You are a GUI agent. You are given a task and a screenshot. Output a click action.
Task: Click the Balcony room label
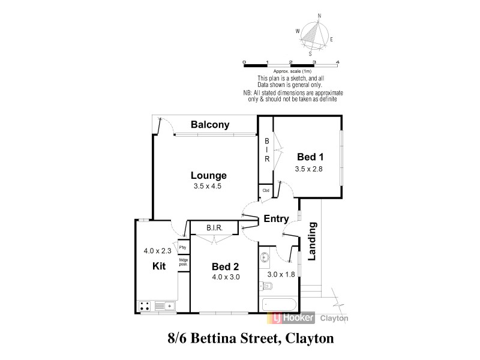pyautogui.click(x=210, y=125)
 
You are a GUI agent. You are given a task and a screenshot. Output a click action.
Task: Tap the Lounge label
pyautogui.click(x=209, y=176)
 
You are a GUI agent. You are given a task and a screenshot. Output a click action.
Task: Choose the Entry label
pyautogui.click(x=276, y=219)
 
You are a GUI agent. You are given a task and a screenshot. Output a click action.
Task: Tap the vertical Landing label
pyautogui.click(x=312, y=242)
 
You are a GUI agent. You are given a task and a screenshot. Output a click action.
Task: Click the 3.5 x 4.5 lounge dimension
pyautogui.click(x=209, y=187)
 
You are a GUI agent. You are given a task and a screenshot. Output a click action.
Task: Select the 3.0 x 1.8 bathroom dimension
pyautogui.click(x=280, y=275)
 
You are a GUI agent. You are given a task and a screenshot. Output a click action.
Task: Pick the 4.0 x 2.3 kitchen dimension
pyautogui.click(x=157, y=251)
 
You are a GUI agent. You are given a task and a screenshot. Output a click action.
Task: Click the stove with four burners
pyautogui.click(x=145, y=306)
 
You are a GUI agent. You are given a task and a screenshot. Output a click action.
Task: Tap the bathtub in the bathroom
pyautogui.click(x=279, y=304)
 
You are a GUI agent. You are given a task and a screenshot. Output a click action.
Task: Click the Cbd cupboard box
pyautogui.click(x=265, y=191)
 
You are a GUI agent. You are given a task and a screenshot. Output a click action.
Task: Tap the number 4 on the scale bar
pyautogui.click(x=338, y=62)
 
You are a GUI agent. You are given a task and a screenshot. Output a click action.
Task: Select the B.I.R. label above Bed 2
pyautogui.click(x=215, y=229)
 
